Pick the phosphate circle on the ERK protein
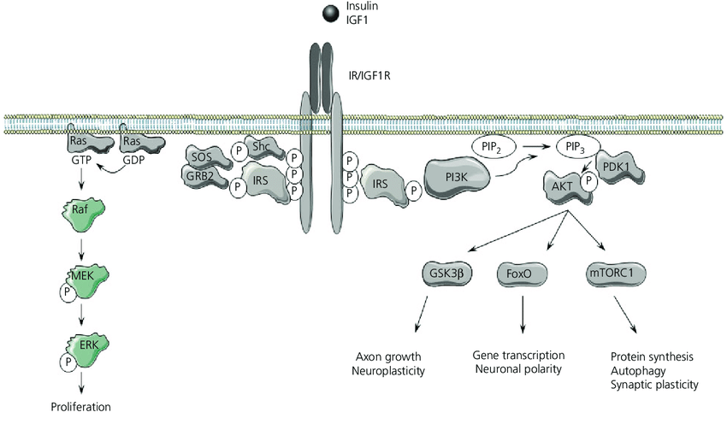coord(66,362)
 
